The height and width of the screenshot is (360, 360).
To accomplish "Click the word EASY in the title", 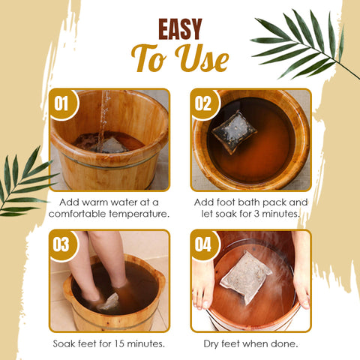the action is pyautogui.click(x=180, y=29).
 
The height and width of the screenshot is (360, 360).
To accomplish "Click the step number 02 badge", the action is pyautogui.click(x=205, y=104).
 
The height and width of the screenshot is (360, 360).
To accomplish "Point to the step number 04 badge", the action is pyautogui.click(x=205, y=245).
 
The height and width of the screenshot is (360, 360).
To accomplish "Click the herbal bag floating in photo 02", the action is pyautogui.click(x=234, y=132).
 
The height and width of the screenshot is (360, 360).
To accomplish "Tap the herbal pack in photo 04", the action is pyautogui.click(x=246, y=277).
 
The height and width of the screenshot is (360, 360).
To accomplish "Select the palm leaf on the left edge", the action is pyautogui.click(x=24, y=184).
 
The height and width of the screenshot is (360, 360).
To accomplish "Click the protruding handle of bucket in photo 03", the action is pyautogui.click(x=160, y=275).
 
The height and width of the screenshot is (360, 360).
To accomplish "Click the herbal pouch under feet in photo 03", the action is pyautogui.click(x=109, y=301).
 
